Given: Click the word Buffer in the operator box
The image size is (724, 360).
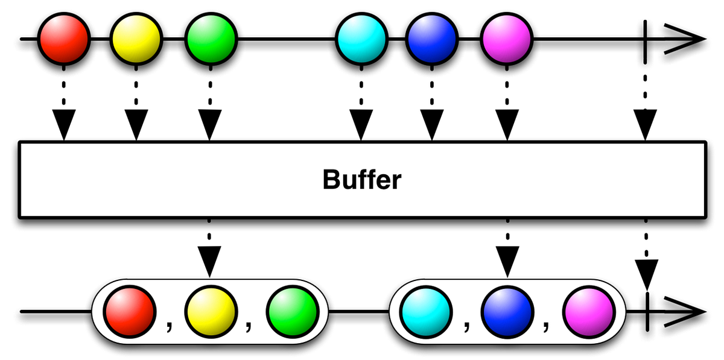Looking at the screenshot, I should coord(361,179).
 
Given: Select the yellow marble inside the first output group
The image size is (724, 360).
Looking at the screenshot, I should coord(211,312).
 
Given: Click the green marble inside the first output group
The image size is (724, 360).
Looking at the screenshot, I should coord(292,312).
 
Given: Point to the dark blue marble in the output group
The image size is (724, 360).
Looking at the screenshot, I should coord(507,312).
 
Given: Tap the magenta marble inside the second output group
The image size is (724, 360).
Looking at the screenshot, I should coord(588,312).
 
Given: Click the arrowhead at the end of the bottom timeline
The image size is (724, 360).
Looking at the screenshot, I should coord(688,312).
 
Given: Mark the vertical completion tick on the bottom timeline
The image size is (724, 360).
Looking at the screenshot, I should coord(646,312).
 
